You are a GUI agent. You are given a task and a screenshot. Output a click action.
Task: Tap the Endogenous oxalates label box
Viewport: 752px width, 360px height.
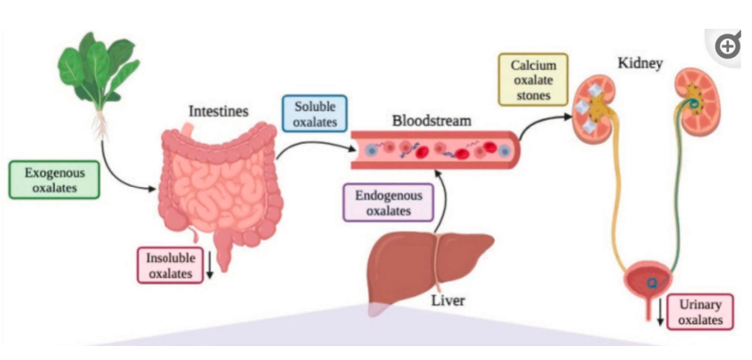(x=388, y=203)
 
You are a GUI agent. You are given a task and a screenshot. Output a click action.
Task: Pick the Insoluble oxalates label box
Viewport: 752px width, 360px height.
(x=170, y=265)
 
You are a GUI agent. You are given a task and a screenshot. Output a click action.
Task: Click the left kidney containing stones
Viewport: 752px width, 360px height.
(x=600, y=105)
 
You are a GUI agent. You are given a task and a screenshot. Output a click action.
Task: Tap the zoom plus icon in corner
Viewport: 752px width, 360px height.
(x=728, y=47)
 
